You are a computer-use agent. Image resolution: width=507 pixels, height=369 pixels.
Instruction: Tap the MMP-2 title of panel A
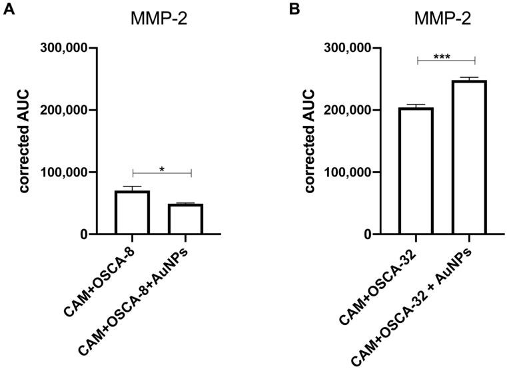(159, 19)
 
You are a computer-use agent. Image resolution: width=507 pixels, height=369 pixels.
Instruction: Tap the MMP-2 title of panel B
(443, 19)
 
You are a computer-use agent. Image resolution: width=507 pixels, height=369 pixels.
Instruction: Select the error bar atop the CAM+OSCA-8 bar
(132, 188)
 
